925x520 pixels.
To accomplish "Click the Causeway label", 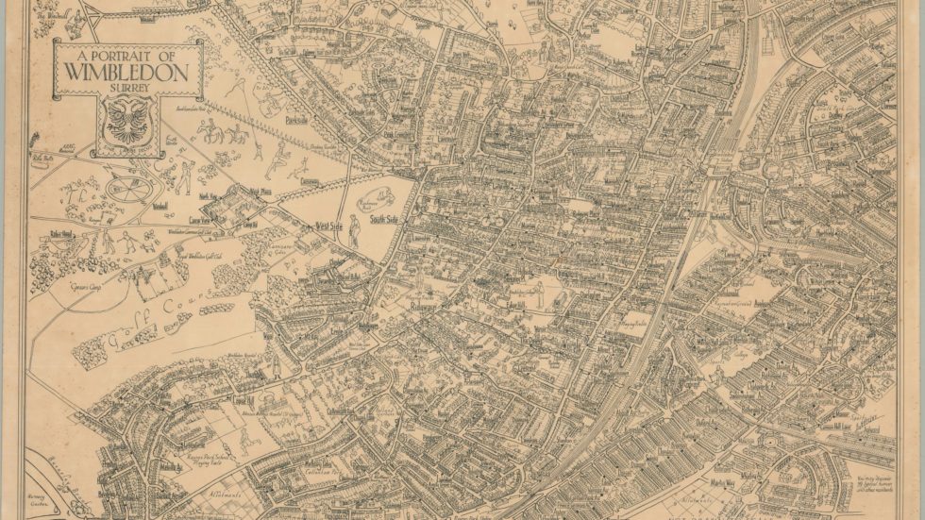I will [308, 180].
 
